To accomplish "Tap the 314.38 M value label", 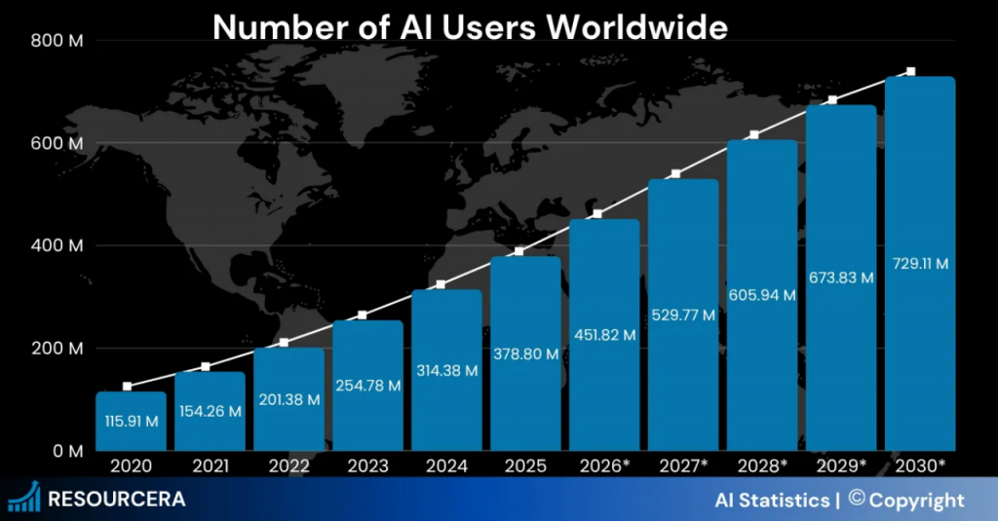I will coord(446,370).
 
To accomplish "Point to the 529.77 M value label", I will coord(683,315).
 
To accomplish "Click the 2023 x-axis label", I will coord(367,465).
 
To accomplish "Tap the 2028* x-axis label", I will coord(762,465).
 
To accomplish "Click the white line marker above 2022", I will coord(285,343).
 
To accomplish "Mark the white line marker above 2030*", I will coord(911,72).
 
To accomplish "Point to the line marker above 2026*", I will coord(597,214).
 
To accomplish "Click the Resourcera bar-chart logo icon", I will coord(23,498).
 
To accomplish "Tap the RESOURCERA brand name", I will coord(116,500).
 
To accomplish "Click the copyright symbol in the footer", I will coord(857,499).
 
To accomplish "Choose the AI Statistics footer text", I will coord(771,501).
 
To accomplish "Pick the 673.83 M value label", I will coord(841,278).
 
